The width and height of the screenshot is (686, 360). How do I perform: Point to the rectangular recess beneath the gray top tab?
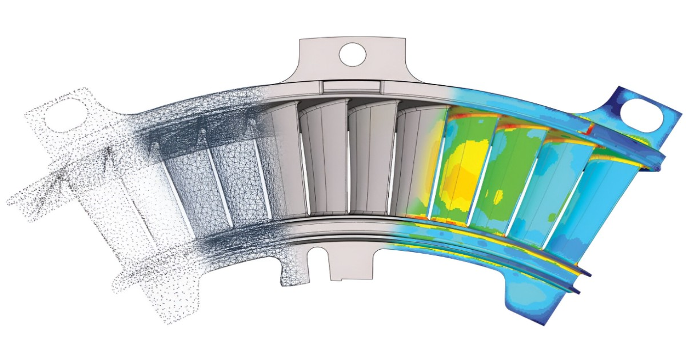click(x=351, y=86)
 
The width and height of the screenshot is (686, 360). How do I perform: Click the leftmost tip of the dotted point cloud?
click(x=8, y=201)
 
